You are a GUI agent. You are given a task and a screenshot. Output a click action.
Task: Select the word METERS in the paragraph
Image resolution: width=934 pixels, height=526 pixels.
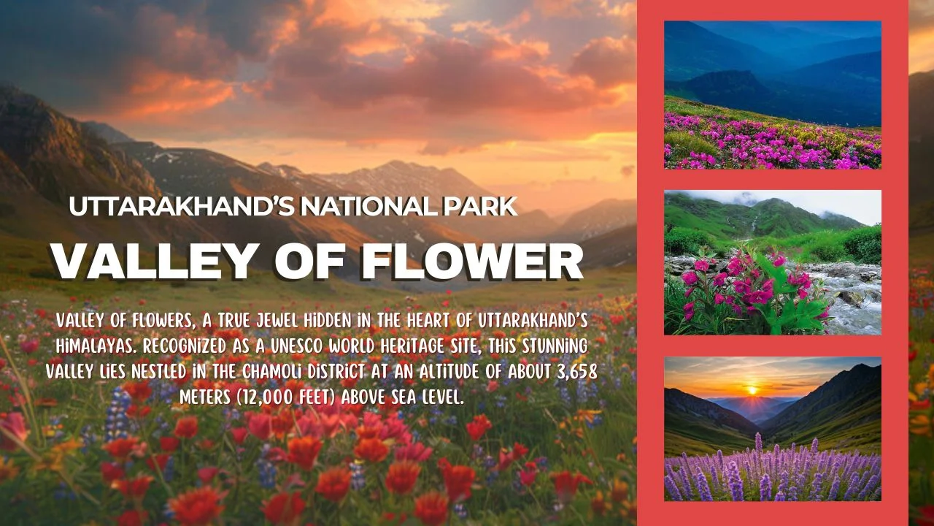pyautogui.click(x=198, y=398)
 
